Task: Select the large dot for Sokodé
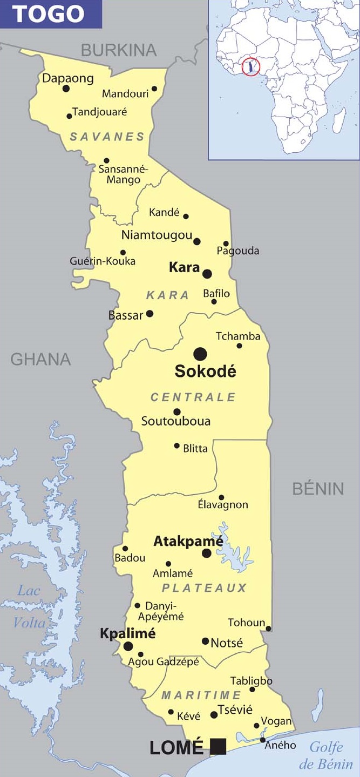click(x=200, y=354)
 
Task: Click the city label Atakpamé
click(x=188, y=541)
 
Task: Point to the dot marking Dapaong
click(x=66, y=89)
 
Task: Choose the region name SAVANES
click(x=107, y=137)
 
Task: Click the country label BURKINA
click(x=119, y=50)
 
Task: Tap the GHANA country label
click(x=40, y=359)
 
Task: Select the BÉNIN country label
click(x=318, y=489)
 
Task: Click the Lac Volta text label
click(x=29, y=606)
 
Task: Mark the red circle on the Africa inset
click(x=250, y=67)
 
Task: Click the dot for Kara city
click(x=207, y=274)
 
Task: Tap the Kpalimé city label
click(x=128, y=633)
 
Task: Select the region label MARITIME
click(x=201, y=695)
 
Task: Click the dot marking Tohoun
click(x=268, y=629)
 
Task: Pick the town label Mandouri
click(x=125, y=94)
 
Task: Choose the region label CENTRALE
click(x=193, y=397)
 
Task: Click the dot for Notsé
click(x=205, y=641)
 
